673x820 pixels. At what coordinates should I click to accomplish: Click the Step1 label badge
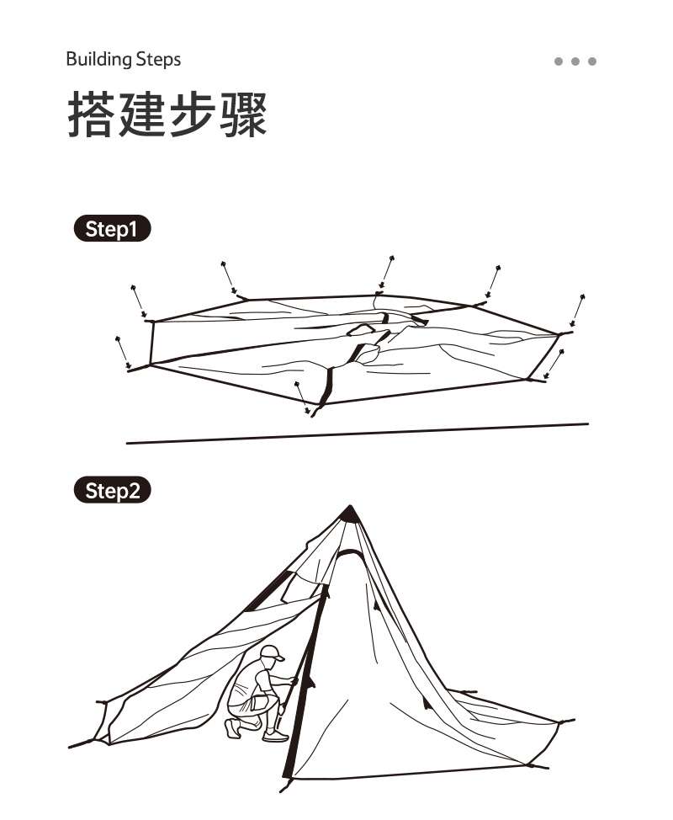coord(112,229)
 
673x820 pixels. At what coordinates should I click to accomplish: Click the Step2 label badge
coord(112,490)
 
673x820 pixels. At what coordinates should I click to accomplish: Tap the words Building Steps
coord(123,59)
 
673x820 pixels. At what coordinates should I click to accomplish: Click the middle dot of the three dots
coord(575,61)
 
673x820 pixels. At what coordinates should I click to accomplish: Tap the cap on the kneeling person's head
coord(271,652)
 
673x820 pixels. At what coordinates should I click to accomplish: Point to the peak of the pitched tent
coord(349,510)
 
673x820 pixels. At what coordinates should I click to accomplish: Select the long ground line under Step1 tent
coord(358,433)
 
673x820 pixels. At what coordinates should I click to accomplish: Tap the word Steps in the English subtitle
coord(157,59)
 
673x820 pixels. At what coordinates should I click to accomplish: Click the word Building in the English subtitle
coord(98,59)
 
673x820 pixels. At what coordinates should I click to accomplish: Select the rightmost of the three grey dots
coord(592,61)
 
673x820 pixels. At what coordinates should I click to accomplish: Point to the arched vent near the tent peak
coord(350,553)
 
